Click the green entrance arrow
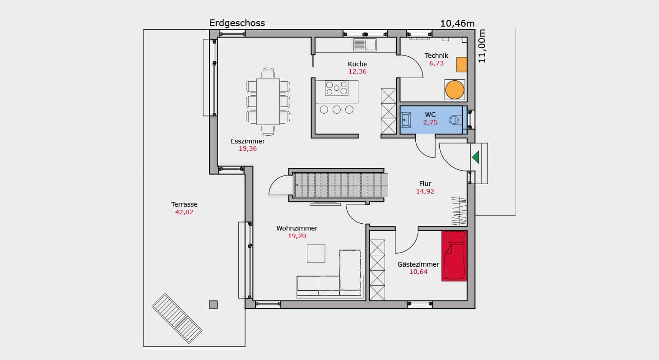click(x=476, y=157)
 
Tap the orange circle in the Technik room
click(x=455, y=90)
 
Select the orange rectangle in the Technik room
click(x=461, y=65)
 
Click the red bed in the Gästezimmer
click(x=454, y=256)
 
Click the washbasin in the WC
click(x=406, y=120)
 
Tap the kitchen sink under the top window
click(x=365, y=45)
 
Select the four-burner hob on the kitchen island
click(x=337, y=88)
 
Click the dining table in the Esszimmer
click(x=268, y=102)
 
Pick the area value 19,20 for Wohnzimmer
click(x=297, y=236)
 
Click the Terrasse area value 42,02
click(x=184, y=212)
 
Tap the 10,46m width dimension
click(x=457, y=23)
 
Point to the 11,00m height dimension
click(x=482, y=46)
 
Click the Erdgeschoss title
click(x=237, y=23)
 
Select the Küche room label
click(x=357, y=64)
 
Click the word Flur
click(x=425, y=184)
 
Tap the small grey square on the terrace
click(x=213, y=305)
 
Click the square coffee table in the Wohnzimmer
click(x=316, y=254)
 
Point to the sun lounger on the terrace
click(x=177, y=318)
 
